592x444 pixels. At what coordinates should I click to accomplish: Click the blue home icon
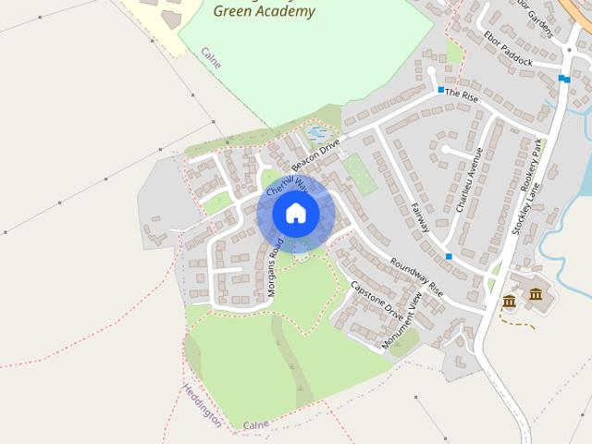coord(295,214)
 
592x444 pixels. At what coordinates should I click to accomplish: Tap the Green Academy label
coord(264,12)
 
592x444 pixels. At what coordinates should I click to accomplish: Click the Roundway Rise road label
coord(416,277)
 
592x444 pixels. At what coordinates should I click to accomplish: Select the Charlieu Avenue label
coord(469,180)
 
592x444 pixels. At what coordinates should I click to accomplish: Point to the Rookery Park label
coord(530,166)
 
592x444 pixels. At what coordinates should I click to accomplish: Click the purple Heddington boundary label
coord(202,404)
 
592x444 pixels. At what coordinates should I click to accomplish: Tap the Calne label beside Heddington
coord(255,424)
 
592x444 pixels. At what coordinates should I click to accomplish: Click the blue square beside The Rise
coord(441,91)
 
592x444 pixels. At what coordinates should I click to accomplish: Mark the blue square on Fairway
coord(449,256)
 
